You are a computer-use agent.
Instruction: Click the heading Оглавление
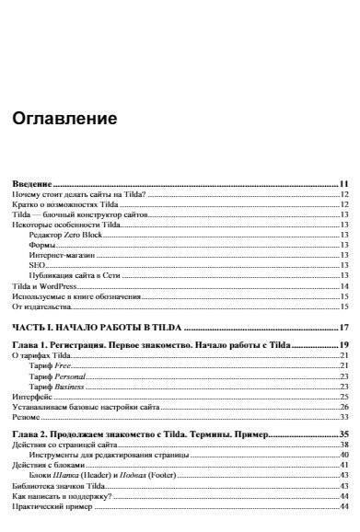pos(64,119)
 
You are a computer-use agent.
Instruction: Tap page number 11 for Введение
pos(343,184)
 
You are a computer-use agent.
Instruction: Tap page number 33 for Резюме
pos(343,417)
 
